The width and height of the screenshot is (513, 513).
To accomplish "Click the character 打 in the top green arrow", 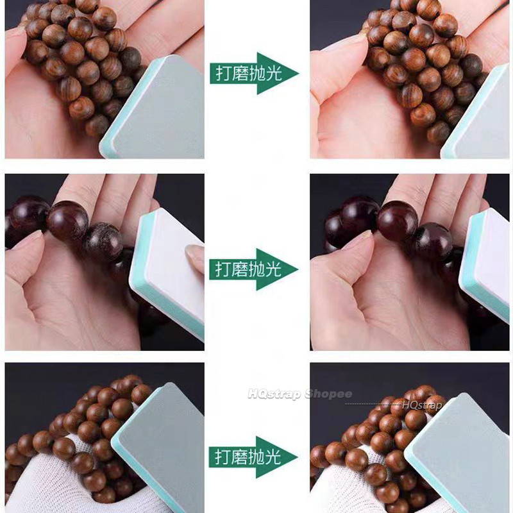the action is pyautogui.click(x=224, y=73).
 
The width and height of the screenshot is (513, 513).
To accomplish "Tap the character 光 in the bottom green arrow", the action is pyautogui.click(x=273, y=457).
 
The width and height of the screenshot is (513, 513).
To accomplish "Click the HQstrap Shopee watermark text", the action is pyautogui.click(x=300, y=394).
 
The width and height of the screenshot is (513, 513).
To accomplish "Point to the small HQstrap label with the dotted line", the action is pyautogui.click(x=422, y=405).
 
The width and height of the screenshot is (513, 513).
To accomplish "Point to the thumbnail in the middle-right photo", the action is pyautogui.click(x=358, y=239).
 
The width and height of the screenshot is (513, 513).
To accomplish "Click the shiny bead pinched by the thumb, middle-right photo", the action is pyautogui.click(x=398, y=221).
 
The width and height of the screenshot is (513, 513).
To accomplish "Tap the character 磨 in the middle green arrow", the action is pyautogui.click(x=240, y=269).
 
